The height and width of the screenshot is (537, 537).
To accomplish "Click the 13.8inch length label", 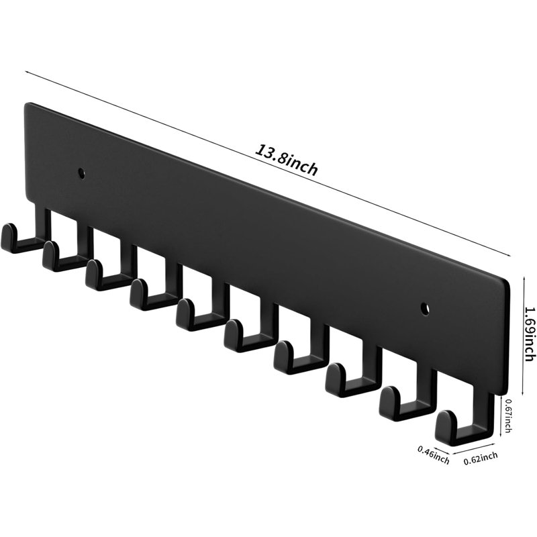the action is [287, 160].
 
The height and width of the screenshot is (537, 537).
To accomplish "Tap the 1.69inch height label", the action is [530, 333].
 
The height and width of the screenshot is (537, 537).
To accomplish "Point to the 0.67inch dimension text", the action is [509, 415].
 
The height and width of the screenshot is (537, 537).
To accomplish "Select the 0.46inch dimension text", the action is [433, 454].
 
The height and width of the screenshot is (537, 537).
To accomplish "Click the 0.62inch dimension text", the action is [481, 458].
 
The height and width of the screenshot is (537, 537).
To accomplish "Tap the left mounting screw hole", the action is [81, 173].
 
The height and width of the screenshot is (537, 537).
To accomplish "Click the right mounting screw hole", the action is [425, 308].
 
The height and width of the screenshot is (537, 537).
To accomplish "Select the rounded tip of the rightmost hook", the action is [445, 422].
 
